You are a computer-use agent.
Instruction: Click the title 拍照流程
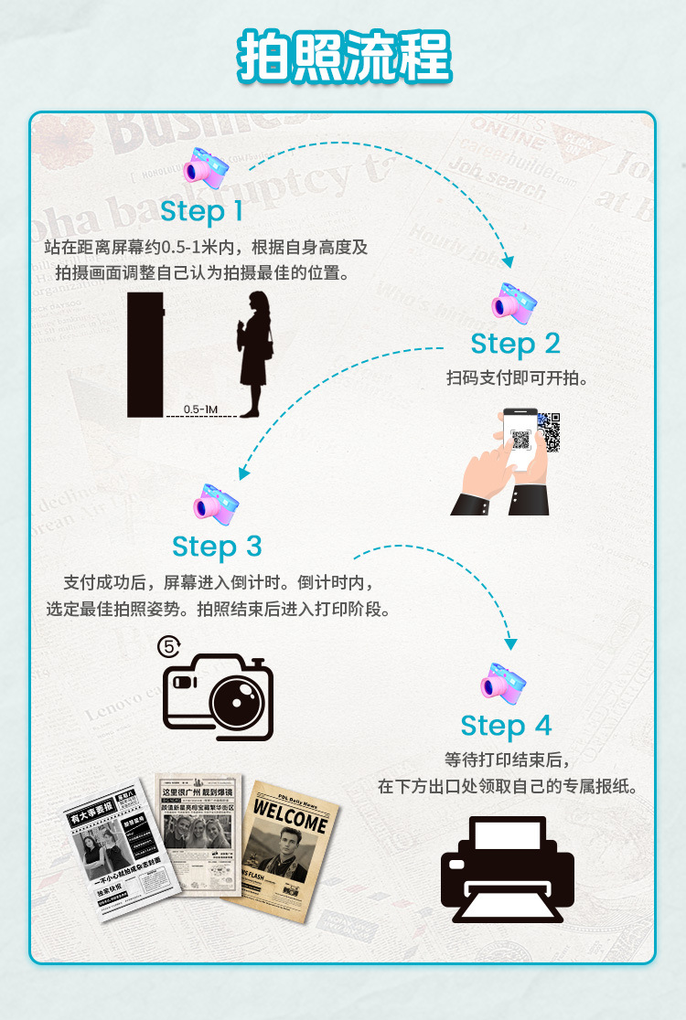coord(344,57)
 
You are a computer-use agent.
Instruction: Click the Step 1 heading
coord(202,212)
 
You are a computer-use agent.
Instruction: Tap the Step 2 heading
coord(515,344)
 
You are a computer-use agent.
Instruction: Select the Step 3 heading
coord(217,547)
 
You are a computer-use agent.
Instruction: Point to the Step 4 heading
coord(506,726)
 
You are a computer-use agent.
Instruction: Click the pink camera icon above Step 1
coord(205,167)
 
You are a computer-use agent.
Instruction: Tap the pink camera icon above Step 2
coord(512,303)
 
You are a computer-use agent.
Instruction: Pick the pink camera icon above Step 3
coord(216,502)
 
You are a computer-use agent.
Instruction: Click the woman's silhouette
coord(253,352)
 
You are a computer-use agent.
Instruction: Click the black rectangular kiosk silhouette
coord(145,355)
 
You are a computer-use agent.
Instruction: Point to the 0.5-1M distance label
coord(200,409)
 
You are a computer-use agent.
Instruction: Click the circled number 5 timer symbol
coord(169,646)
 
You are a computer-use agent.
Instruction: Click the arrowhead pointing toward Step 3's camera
coord(243,473)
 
